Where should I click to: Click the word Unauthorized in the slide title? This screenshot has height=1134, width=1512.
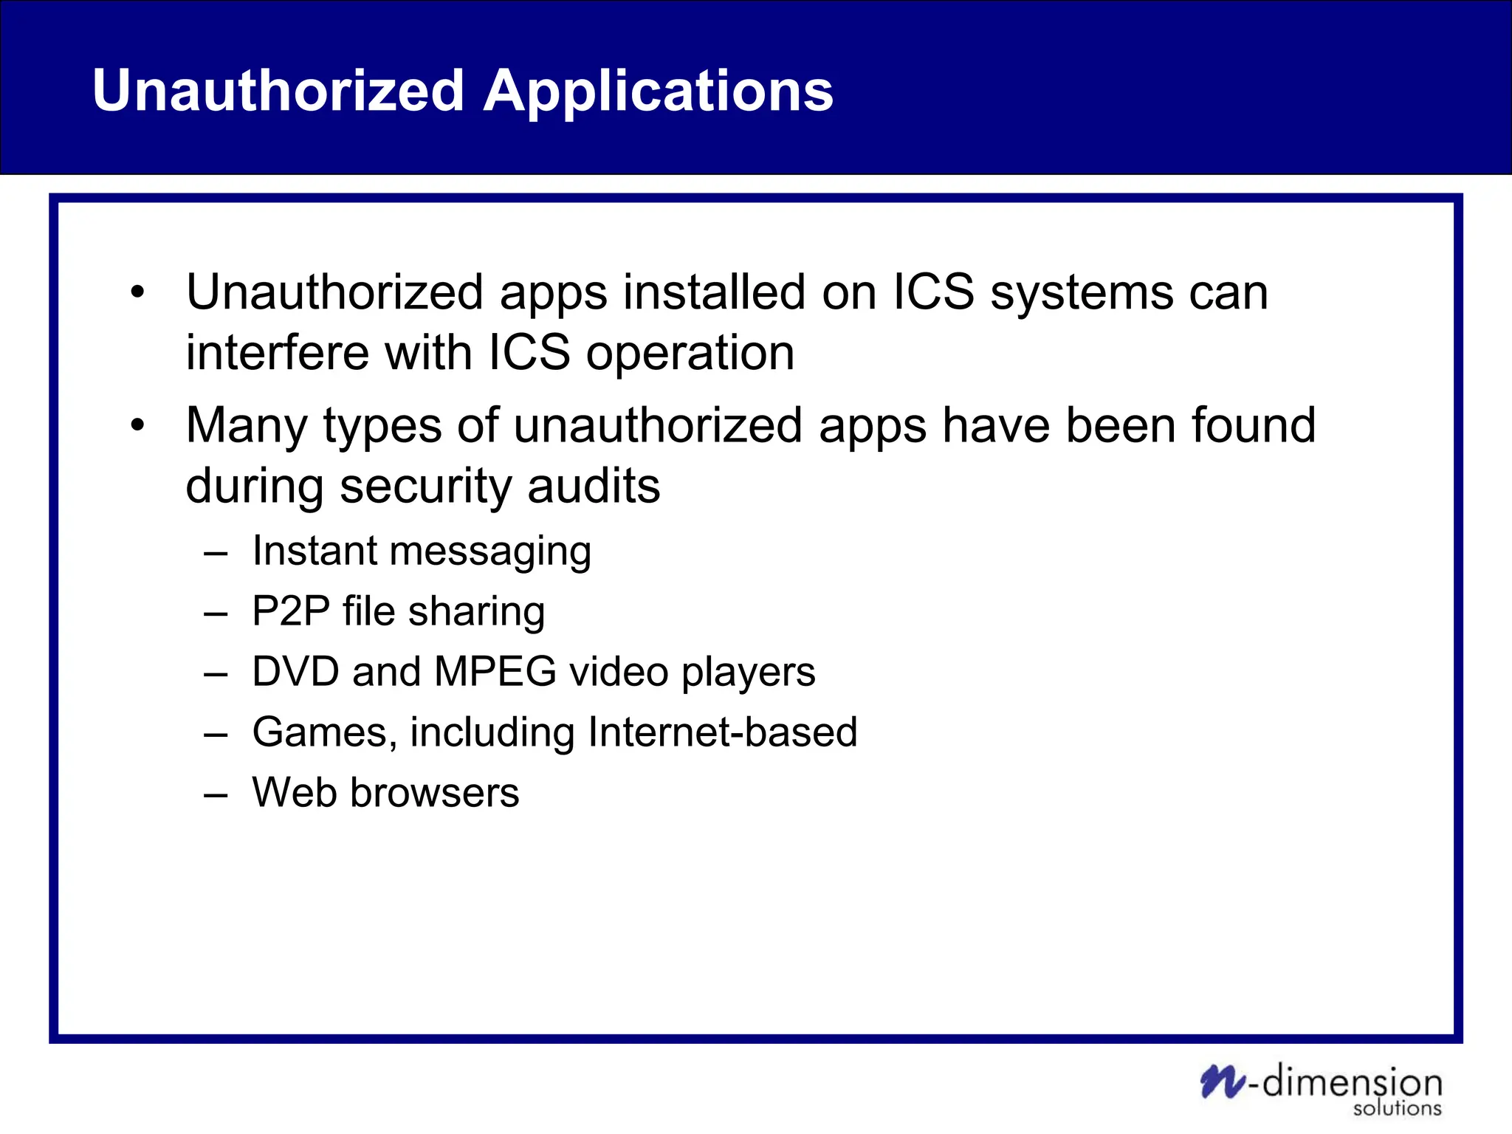(278, 91)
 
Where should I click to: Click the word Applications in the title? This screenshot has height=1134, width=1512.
(658, 92)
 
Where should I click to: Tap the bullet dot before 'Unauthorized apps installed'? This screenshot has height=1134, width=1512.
(137, 293)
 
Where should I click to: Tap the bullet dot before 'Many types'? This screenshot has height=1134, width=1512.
(137, 426)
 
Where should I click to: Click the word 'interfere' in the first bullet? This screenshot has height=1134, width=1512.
(277, 352)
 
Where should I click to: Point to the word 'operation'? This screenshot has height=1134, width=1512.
(690, 354)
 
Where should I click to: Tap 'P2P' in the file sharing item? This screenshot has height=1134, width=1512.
(290, 611)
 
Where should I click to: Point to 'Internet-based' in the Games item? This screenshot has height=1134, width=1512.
(723, 732)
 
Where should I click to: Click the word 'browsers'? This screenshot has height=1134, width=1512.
(434, 793)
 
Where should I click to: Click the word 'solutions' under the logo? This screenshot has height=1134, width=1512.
(1397, 1108)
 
